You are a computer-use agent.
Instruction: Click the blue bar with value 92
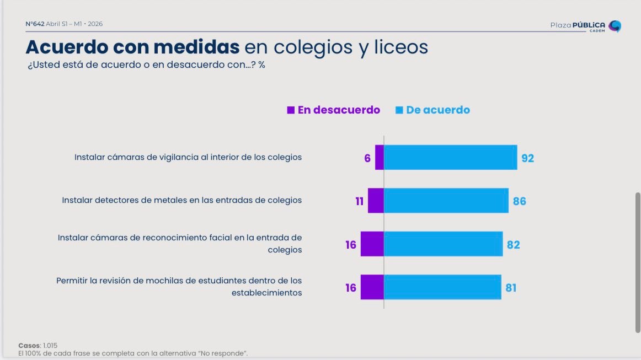[x=450, y=158]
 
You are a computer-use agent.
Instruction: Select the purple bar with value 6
[x=380, y=158]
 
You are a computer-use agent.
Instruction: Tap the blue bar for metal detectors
[x=446, y=201]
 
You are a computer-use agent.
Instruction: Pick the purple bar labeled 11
[x=376, y=201]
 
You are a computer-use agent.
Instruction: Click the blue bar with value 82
[x=443, y=244]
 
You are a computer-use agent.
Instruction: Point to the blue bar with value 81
[x=442, y=287]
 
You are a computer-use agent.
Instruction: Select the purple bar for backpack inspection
[x=372, y=287]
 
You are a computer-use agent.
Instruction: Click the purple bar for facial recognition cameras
[x=372, y=244]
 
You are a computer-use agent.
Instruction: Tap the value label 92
[x=528, y=158]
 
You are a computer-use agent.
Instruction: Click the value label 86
[x=520, y=201]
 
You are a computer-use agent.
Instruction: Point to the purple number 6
[x=367, y=158]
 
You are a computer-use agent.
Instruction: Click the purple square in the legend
[x=291, y=110]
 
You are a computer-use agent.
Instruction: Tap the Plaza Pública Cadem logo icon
[x=615, y=26]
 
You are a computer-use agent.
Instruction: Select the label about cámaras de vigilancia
[x=188, y=157]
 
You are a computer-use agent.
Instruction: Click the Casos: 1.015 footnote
[x=38, y=345]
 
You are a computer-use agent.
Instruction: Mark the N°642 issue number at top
[x=35, y=24]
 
